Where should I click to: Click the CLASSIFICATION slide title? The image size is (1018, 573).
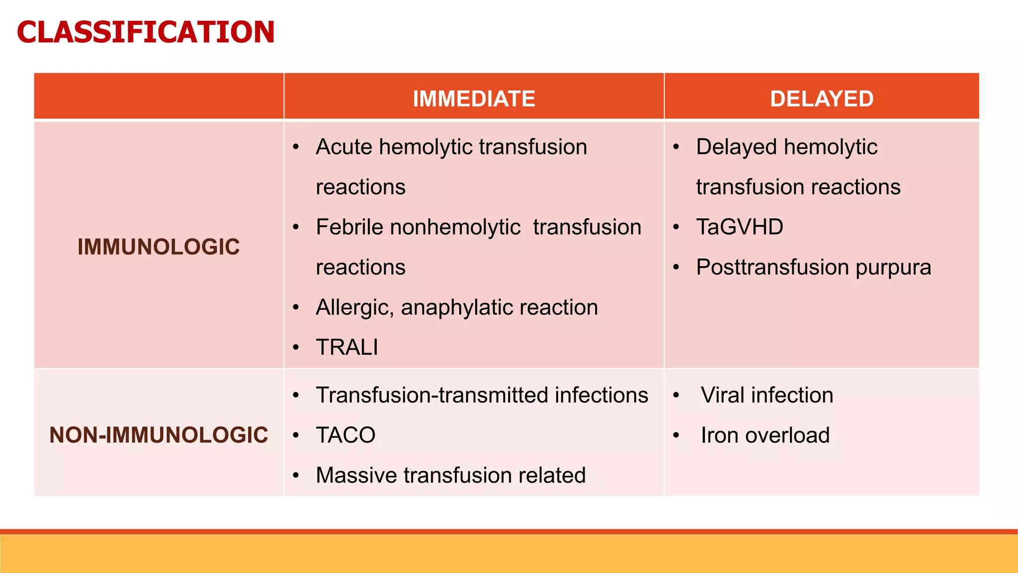click(145, 32)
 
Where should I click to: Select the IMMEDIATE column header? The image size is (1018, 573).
click(474, 98)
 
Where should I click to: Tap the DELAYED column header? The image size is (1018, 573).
click(822, 98)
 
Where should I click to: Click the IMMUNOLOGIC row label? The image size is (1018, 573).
click(159, 247)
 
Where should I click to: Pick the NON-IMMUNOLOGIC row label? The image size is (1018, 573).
click(159, 435)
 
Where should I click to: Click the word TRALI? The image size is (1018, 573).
click(347, 347)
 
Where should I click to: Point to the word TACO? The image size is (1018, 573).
click(345, 435)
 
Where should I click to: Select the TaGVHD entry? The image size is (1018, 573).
click(739, 227)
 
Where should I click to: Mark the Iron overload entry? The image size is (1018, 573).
click(765, 435)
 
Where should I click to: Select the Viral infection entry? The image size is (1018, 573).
click(766, 395)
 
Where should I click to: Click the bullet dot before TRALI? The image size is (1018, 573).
click(296, 347)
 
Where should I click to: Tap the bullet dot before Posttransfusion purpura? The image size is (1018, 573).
click(676, 268)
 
